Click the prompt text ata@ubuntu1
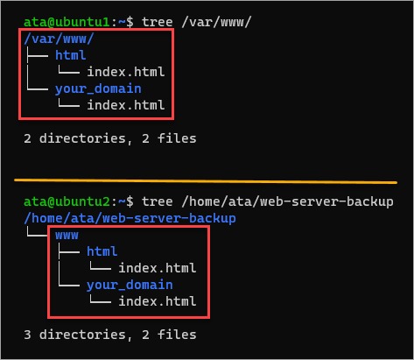67,22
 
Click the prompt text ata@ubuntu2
67,201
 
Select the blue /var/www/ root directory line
59,39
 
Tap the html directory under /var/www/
70,55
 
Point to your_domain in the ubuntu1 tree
98,88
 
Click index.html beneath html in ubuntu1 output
126,72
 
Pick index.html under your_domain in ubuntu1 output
126,105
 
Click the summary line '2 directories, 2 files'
110,138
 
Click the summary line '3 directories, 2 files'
110,335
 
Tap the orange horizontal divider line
206,181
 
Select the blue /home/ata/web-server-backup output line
130,218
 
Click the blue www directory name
67,236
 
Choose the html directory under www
102,251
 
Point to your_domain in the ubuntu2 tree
130,285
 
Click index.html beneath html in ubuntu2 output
158,268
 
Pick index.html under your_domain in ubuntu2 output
158,301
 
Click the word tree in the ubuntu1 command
158,22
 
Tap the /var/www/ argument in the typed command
216,22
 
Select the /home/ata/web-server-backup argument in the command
287,201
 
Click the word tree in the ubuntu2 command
158,201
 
